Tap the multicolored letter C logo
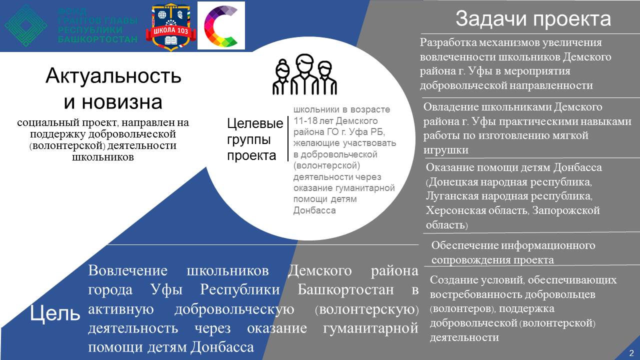pos(221,25)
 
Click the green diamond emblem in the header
pos(26,25)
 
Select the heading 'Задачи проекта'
pos(533,19)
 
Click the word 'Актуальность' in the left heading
pos(113,76)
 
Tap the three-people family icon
pos(305,74)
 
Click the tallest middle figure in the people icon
pos(304,74)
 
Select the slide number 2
pos(631,352)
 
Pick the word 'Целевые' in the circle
pos(255,123)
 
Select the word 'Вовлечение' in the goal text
pos(127,270)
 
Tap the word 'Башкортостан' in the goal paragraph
pos(345,289)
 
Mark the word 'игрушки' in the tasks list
pos(445,150)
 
